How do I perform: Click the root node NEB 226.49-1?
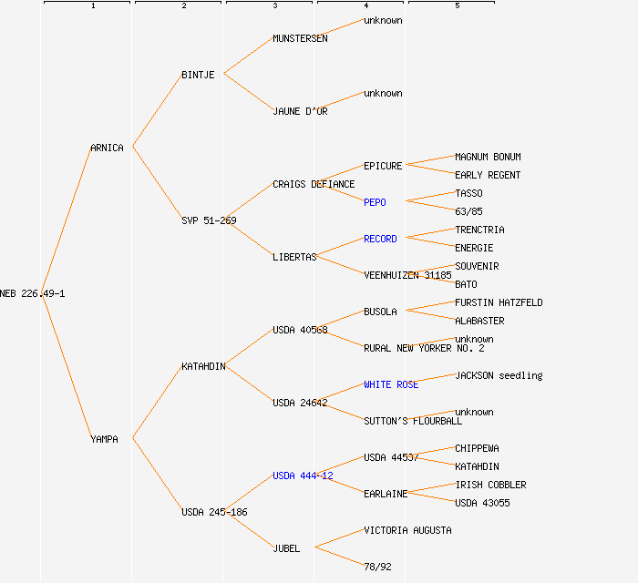coord(33,293)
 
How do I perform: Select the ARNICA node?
coord(107,148)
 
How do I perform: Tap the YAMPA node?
coord(104,439)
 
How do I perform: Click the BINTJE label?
coord(198,75)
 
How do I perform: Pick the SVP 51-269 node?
coord(209,220)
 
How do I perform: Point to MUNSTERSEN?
coord(300,38)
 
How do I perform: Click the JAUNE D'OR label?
coord(300,111)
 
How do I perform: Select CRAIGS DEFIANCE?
coord(314,184)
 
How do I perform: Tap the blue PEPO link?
coord(375,202)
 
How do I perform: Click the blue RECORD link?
coord(380,239)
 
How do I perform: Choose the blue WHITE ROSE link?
coord(391,384)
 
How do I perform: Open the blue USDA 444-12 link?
coord(303,476)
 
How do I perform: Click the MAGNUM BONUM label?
coord(488,157)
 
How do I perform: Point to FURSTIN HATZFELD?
coord(499,302)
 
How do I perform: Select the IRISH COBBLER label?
coord(490,485)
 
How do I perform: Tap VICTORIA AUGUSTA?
coord(407,530)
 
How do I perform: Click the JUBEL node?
coord(286,548)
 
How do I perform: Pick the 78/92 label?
coord(377,567)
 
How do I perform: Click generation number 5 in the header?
coord(458,6)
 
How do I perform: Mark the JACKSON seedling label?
coord(499,375)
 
